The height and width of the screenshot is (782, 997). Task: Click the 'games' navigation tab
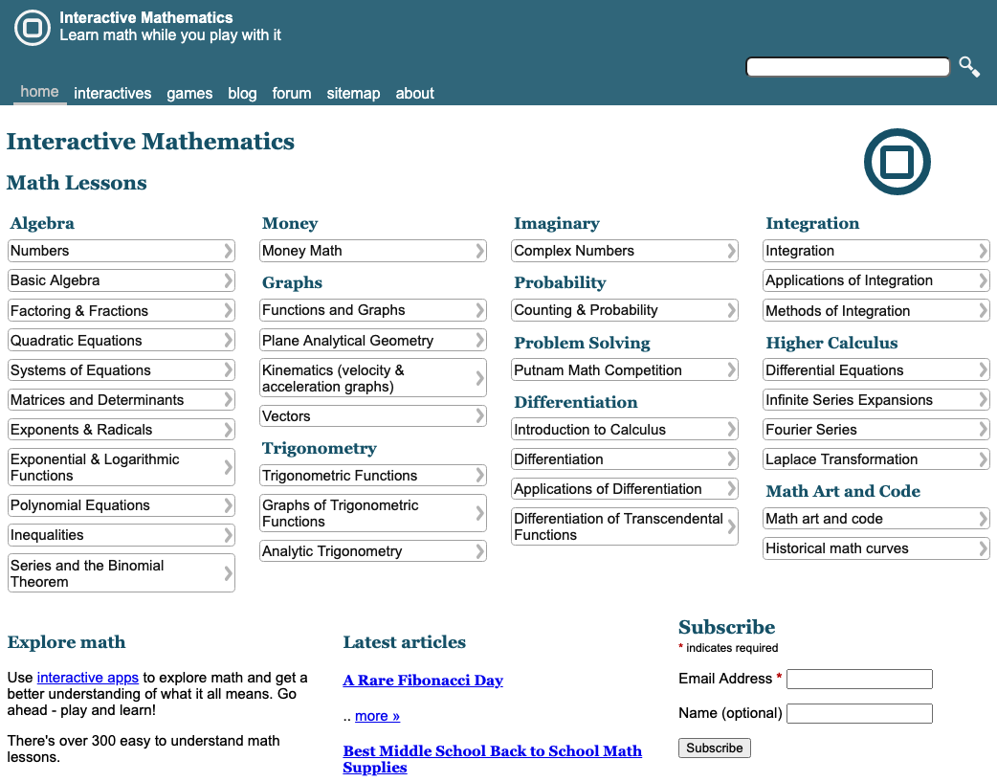[189, 93]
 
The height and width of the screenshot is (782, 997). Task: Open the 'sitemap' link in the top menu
[353, 93]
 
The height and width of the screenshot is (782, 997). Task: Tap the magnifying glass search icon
[969, 67]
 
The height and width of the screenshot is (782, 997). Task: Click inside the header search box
[847, 67]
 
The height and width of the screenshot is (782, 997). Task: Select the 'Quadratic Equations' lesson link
[121, 341]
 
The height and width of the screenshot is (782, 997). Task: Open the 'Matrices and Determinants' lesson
[121, 400]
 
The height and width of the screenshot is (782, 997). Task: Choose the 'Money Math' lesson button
[373, 251]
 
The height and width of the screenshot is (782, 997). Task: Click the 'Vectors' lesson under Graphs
[373, 416]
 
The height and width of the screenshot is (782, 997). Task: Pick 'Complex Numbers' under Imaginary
[624, 251]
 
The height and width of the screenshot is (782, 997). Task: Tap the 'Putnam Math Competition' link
[624, 370]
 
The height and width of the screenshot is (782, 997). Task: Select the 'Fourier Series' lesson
[875, 430]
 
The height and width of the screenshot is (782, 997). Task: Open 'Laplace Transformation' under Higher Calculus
[875, 459]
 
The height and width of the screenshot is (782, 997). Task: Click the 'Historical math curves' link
[875, 548]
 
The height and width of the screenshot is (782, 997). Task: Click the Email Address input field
[858, 679]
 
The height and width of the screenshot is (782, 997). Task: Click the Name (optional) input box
[858, 713]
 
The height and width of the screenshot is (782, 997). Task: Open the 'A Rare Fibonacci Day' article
[423, 681]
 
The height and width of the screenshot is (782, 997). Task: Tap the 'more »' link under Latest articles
[377, 716]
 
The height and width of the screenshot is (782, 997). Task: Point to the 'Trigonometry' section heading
[320, 448]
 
